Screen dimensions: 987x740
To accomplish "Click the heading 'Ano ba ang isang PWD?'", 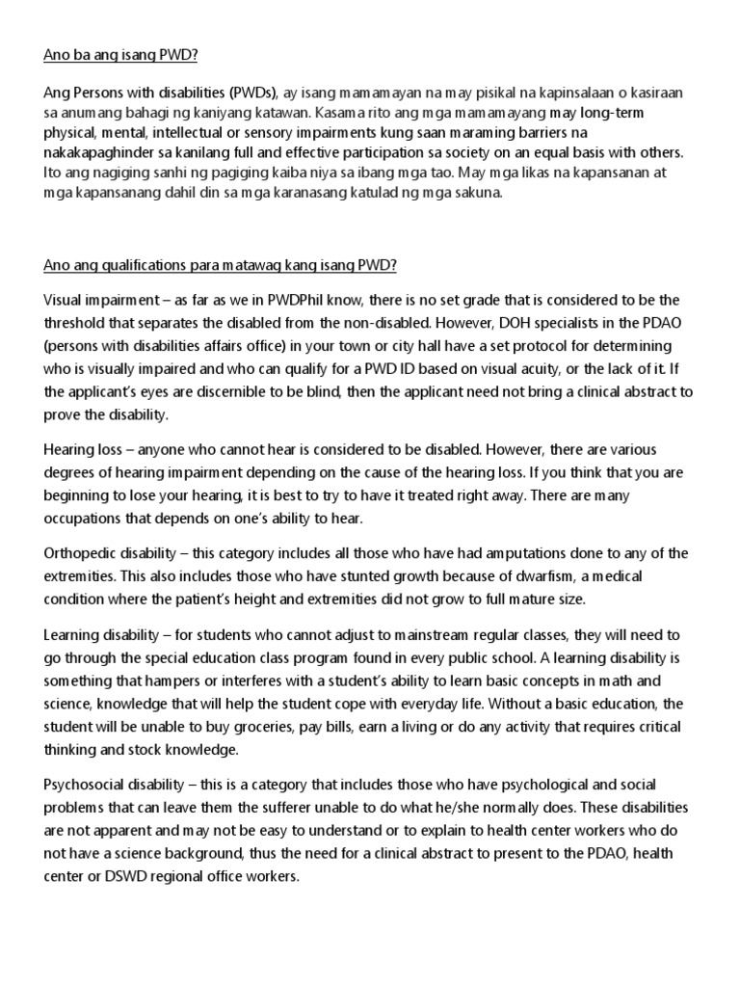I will pyautogui.click(x=120, y=56).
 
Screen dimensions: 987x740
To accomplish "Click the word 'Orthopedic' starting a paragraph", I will pyautogui.click(x=85, y=552).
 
